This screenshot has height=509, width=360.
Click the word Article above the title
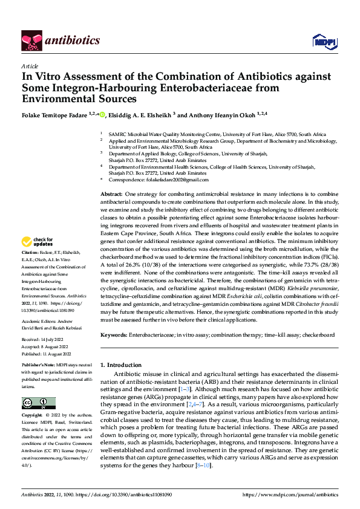29,66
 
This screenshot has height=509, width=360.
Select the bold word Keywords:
114,334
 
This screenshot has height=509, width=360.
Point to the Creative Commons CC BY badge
38,403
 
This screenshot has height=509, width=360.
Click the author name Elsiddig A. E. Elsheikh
142,114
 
